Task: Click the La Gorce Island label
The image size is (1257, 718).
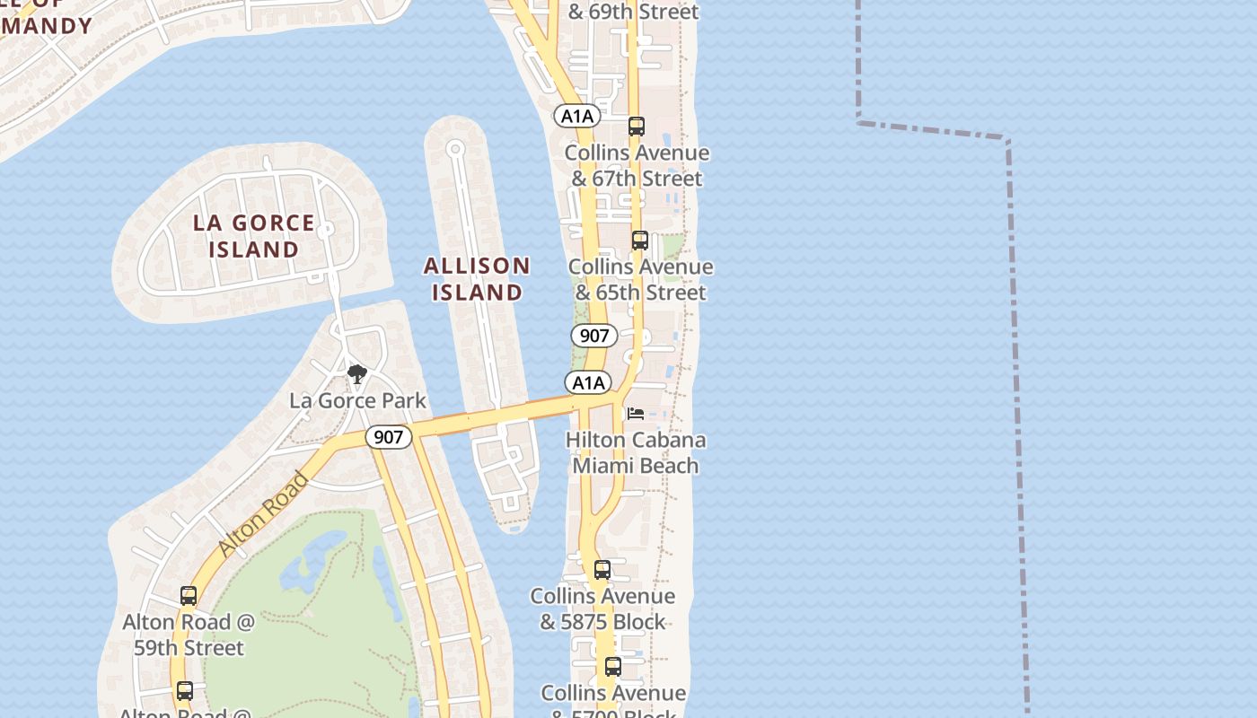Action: pyautogui.click(x=254, y=236)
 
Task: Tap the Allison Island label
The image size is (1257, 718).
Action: pyautogui.click(x=477, y=279)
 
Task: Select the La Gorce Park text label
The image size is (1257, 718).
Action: pyautogui.click(x=357, y=400)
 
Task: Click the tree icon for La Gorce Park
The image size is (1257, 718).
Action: pyautogui.click(x=357, y=373)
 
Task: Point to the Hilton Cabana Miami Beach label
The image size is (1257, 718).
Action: pyautogui.click(x=636, y=452)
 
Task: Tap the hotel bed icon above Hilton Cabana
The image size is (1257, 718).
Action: pyautogui.click(x=636, y=414)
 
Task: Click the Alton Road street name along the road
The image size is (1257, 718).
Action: pyautogui.click(x=262, y=512)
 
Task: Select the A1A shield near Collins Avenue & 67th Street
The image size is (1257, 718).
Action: pyautogui.click(x=576, y=116)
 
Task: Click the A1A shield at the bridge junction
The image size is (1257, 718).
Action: pyautogui.click(x=588, y=383)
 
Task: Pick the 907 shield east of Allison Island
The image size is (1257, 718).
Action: pyautogui.click(x=594, y=337)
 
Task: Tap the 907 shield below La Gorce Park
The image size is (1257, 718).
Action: pyautogui.click(x=388, y=437)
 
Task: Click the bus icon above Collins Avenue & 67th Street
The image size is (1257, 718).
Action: pyautogui.click(x=637, y=127)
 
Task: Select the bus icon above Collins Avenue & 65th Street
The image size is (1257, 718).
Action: pyautogui.click(x=640, y=241)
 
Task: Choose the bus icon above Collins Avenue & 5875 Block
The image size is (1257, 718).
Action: pyautogui.click(x=602, y=570)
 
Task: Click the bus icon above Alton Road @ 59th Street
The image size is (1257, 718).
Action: pyautogui.click(x=189, y=595)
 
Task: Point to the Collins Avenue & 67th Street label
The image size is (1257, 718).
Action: pyautogui.click(x=637, y=165)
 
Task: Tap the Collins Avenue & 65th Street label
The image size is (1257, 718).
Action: pyautogui.click(x=640, y=279)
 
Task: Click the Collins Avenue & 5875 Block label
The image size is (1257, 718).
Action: pyautogui.click(x=602, y=609)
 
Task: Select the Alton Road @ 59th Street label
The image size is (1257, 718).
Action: pyautogui.click(x=189, y=634)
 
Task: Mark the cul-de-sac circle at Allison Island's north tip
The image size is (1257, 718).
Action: pyautogui.click(x=455, y=149)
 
